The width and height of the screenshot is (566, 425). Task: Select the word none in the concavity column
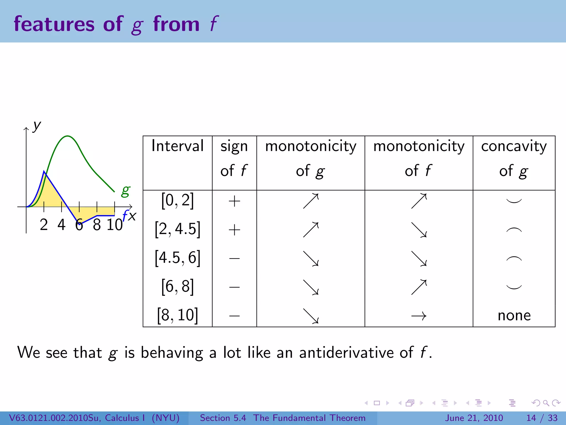pyautogui.click(x=514, y=315)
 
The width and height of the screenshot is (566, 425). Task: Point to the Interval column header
pyautogui.click(x=177, y=146)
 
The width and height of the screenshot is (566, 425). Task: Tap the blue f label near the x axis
pyautogui.click(x=125, y=216)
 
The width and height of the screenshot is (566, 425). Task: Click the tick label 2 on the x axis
pyautogui.click(x=44, y=225)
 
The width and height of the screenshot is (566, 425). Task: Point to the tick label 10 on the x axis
pyautogui.click(x=114, y=225)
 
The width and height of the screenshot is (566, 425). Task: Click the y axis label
pyautogui.click(x=36, y=126)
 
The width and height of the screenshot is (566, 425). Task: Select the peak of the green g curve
pyautogui.click(x=67, y=136)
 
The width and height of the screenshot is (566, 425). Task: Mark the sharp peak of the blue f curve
pyautogui.click(x=44, y=172)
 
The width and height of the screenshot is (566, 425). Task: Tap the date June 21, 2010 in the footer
pyautogui.click(x=474, y=418)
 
